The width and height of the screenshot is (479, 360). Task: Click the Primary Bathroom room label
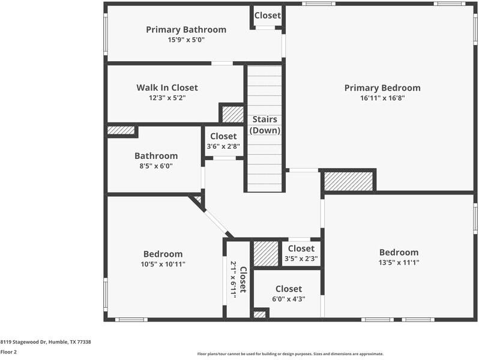(x=186, y=29)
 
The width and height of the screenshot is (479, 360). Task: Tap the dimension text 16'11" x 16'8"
(x=382, y=98)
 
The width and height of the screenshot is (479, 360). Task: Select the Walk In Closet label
(x=167, y=88)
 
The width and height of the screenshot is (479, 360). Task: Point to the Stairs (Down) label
(x=265, y=125)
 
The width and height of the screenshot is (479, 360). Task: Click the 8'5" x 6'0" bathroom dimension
(x=155, y=166)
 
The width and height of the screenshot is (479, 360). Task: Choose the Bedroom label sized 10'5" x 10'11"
(x=163, y=254)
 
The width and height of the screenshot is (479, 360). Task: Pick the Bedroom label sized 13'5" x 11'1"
(x=399, y=252)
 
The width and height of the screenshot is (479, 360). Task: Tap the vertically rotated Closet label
(x=243, y=279)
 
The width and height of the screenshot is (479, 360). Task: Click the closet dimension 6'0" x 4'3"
(x=288, y=299)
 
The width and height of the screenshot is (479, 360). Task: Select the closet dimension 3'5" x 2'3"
(x=301, y=259)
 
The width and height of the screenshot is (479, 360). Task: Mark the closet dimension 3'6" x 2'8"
(x=223, y=146)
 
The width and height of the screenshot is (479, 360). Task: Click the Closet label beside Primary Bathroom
(x=267, y=16)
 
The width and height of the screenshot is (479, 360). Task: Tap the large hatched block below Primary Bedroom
(x=349, y=181)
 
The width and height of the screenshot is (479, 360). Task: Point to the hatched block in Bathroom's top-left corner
(x=121, y=130)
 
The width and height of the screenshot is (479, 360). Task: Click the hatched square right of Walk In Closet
(x=232, y=114)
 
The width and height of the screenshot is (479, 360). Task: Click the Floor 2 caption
(x=9, y=352)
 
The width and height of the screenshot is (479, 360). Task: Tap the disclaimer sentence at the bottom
(x=291, y=353)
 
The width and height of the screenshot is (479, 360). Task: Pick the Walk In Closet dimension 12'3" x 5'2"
(x=167, y=98)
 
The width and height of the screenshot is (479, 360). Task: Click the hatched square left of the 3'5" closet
(x=265, y=254)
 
